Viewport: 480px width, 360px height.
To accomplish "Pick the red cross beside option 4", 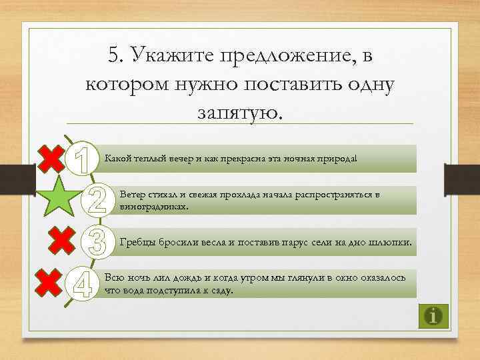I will pyautogui.click(x=52, y=284).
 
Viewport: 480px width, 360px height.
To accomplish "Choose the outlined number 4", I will pyautogui.click(x=82, y=284).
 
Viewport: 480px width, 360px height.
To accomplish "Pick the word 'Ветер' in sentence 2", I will pyautogui.click(x=131, y=194).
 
